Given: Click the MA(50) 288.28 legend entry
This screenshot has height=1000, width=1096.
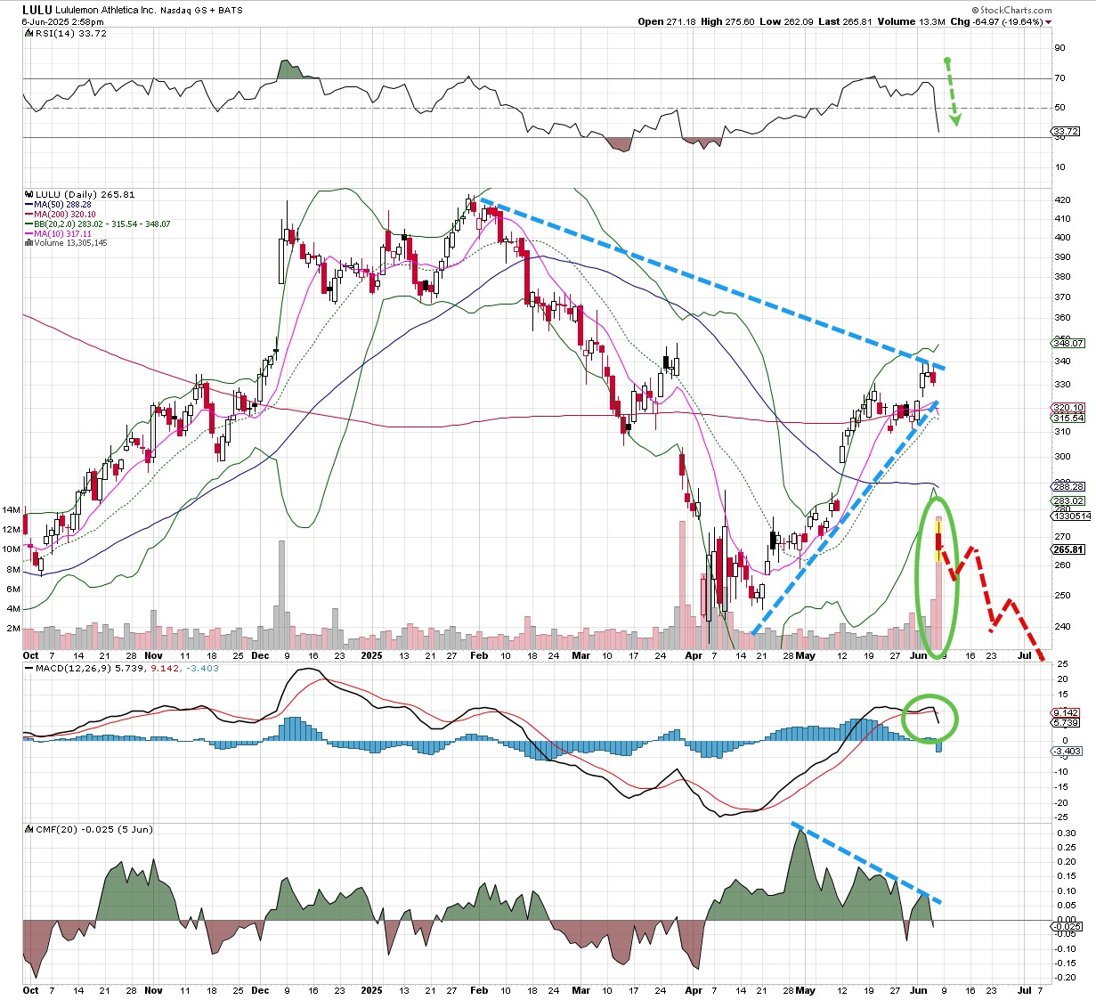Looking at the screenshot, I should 61,205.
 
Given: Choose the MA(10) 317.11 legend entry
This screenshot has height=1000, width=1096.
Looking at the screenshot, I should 61,233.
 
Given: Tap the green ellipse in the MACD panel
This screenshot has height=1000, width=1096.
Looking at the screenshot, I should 930,718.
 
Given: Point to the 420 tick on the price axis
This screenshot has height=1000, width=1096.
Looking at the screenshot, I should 1062,199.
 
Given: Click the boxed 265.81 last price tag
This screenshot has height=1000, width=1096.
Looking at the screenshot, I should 1068,549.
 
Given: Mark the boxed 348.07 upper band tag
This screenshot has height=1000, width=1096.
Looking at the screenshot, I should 1068,343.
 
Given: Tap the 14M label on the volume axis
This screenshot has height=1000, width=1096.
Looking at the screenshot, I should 12,510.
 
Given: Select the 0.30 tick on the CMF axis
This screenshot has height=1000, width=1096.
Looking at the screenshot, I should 1066,833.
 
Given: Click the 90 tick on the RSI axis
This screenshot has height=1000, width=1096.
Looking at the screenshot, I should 1059,48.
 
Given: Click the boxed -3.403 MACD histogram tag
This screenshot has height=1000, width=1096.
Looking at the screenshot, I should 1068,752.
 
